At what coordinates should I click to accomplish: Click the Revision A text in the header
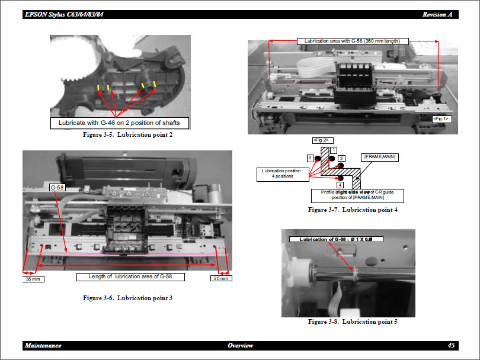click(439, 14)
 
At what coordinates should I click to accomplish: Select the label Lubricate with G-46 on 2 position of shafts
click(120, 123)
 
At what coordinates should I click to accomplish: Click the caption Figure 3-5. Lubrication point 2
click(127, 135)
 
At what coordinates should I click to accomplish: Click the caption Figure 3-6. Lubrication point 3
click(127, 298)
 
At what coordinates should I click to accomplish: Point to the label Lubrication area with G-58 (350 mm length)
click(353, 41)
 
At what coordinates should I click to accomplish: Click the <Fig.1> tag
click(441, 118)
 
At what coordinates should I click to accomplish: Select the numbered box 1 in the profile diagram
click(334, 150)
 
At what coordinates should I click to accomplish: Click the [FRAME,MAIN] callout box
click(379, 157)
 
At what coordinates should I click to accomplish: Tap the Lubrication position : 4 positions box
click(279, 173)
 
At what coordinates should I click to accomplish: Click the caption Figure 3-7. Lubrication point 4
click(353, 210)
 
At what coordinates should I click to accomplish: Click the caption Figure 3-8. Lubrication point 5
click(353, 322)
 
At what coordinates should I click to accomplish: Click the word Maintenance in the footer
click(43, 345)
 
